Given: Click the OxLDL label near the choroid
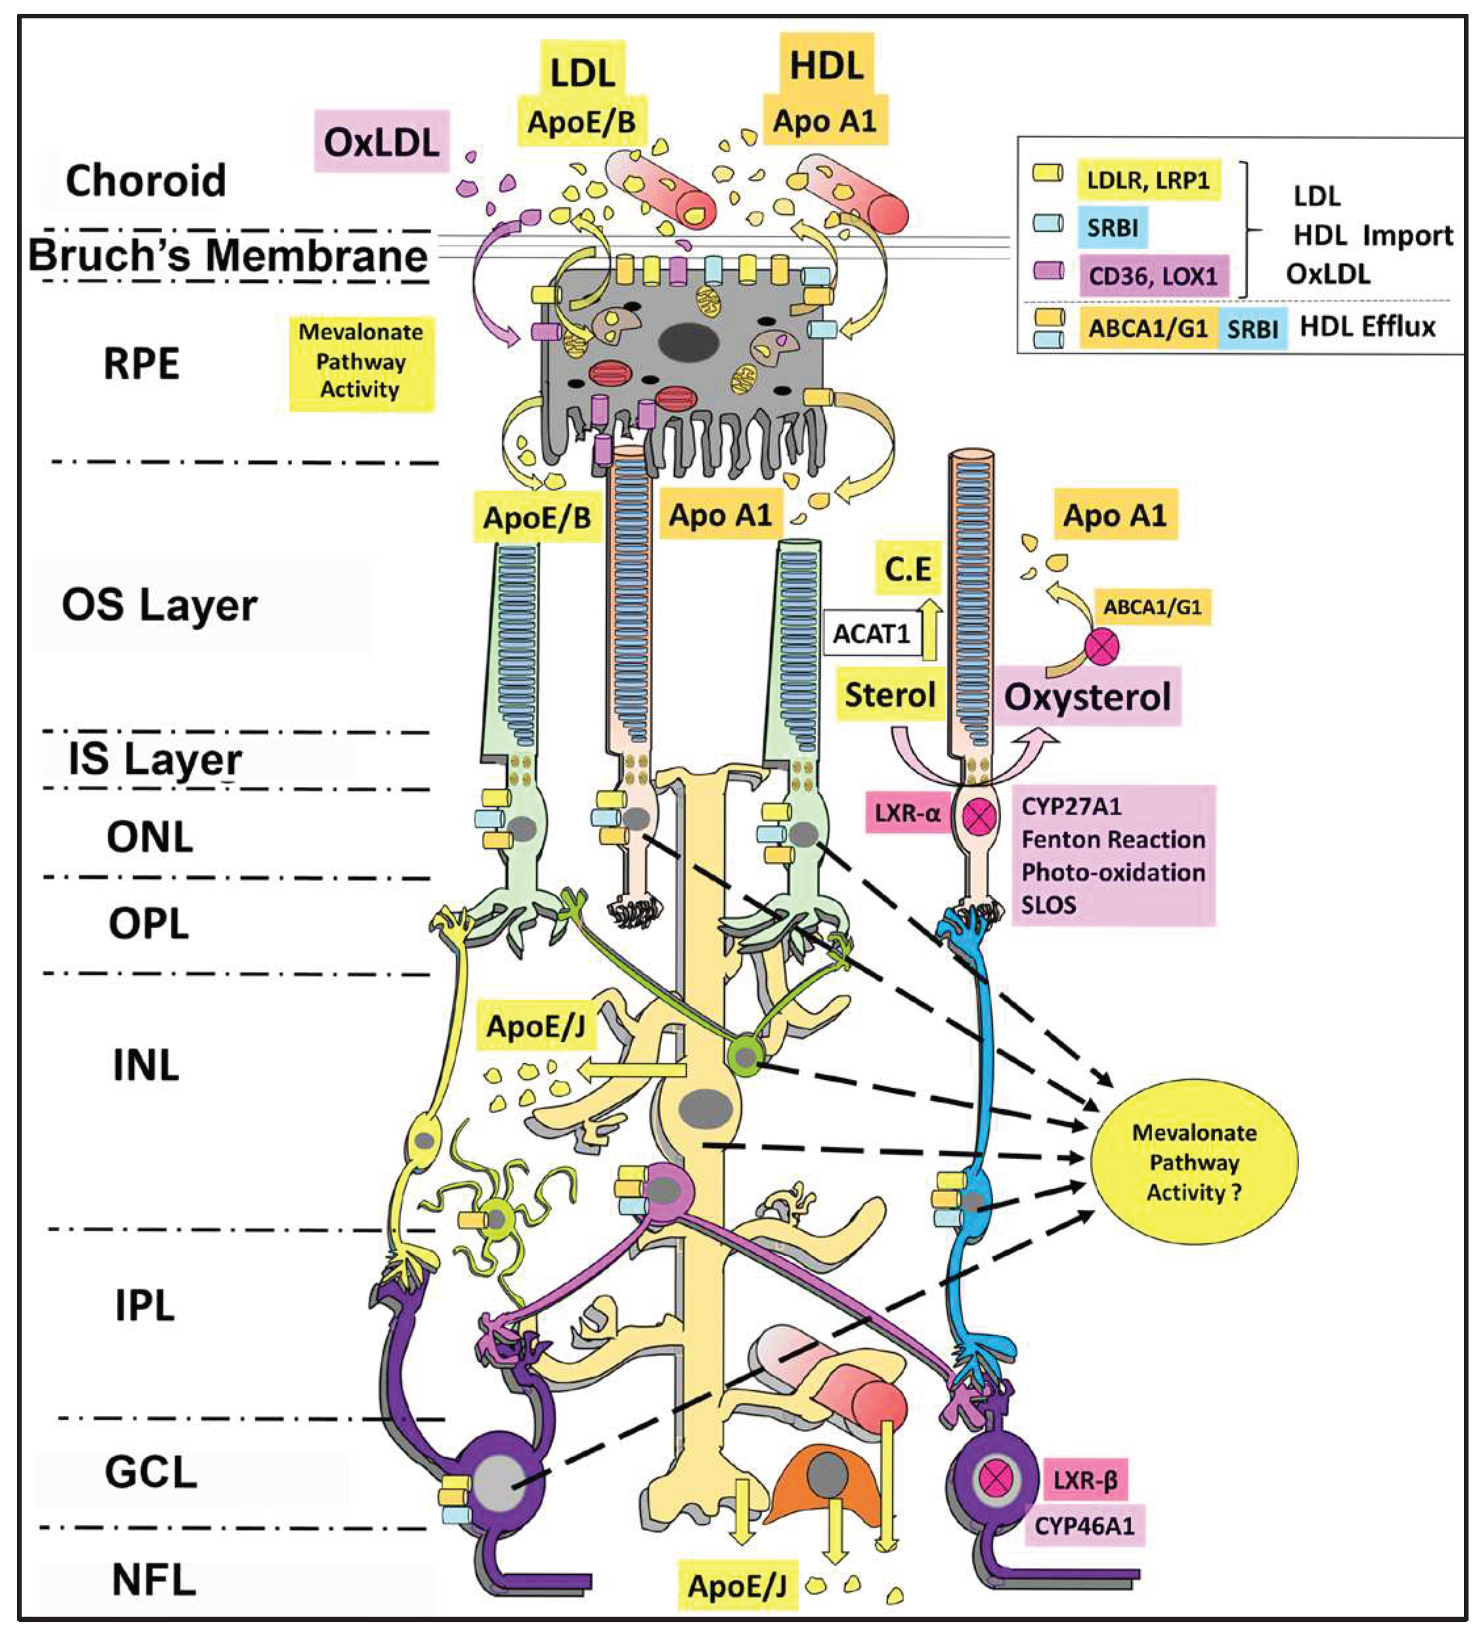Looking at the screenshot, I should pos(381,142).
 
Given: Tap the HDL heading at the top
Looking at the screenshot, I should pos(826,65).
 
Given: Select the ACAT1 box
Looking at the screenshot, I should pos(871,633).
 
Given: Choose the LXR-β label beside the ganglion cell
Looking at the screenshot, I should pos(1085,1479).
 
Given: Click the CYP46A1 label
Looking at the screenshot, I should pos(1084,1525).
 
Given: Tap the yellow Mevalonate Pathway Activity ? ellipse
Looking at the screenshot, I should pos(1193,1162).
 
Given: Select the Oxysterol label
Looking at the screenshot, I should pos(1086,696).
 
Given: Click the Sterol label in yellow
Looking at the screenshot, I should pos(890,695).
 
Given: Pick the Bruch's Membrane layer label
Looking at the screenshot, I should pos(228,255).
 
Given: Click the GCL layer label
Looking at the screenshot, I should pos(151,1472).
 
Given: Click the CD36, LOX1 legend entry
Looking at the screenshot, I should pos(1152,276).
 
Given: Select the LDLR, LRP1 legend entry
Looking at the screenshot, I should pos(1148,180).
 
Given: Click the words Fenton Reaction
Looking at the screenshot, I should pos(1113,839).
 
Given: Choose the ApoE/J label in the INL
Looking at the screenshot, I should pos(535,1026).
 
